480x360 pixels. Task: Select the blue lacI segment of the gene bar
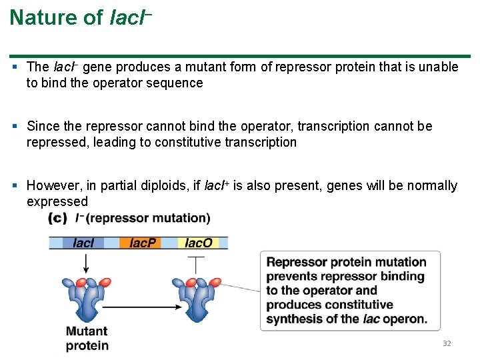(x=83, y=243)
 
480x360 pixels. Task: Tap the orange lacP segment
(x=141, y=243)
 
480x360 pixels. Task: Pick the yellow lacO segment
(x=198, y=243)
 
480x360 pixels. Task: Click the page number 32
(x=447, y=343)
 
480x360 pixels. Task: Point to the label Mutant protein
(x=87, y=338)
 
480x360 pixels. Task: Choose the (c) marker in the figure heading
(x=58, y=218)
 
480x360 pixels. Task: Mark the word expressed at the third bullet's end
(x=57, y=201)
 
